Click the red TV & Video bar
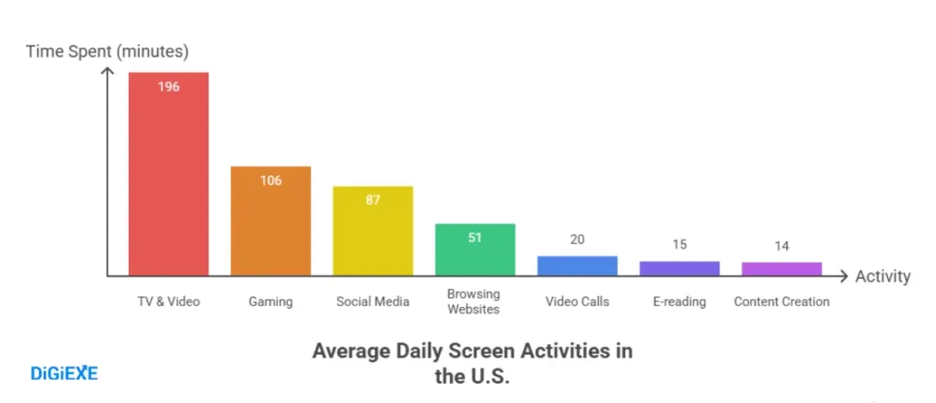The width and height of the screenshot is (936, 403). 168,174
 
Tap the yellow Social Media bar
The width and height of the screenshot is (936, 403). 373,231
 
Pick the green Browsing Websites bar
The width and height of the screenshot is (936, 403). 474,249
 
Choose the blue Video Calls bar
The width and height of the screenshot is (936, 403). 577,266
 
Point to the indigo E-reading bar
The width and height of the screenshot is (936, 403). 679,269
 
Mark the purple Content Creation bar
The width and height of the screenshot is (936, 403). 782,269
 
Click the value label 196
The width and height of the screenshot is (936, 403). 168,88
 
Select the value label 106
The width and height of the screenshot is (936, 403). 271,181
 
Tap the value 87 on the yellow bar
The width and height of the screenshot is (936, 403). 373,200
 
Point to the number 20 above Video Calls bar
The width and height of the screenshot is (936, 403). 577,239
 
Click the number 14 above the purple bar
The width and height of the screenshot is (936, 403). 782,245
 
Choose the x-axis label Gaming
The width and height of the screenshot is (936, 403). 271,302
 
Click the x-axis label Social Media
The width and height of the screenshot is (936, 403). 373,302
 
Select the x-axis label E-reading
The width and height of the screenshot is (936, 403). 679,302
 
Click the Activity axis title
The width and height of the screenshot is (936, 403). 883,277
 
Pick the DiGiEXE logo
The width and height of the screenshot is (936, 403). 65,372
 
